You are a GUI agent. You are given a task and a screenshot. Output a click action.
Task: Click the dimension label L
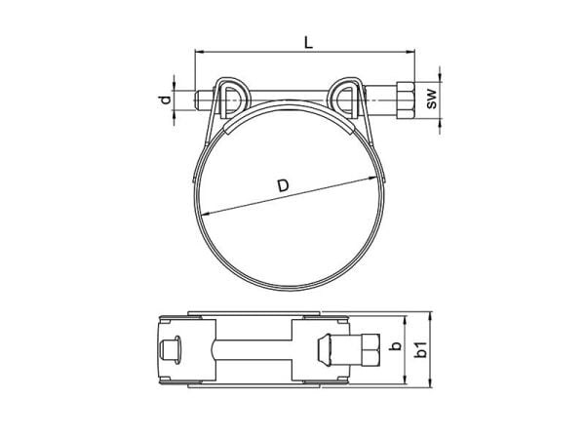308,43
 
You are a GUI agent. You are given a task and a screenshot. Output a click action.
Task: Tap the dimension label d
165,100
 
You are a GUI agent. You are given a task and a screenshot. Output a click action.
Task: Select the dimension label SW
432,100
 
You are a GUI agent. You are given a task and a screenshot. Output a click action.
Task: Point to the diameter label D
284,185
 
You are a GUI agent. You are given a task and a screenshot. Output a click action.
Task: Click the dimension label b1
421,349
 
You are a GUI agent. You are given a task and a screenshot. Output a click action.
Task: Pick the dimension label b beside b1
396,346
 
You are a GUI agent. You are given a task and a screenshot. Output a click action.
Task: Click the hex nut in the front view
406,100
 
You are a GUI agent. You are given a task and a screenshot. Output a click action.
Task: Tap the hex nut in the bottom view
370,349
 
